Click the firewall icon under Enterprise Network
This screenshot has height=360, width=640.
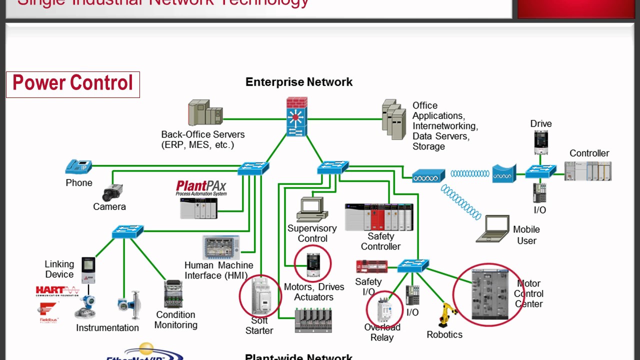(x=296, y=117)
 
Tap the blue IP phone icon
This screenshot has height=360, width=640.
(x=78, y=166)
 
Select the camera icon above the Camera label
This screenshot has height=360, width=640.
(x=112, y=192)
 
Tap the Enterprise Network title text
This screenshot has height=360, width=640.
(x=299, y=82)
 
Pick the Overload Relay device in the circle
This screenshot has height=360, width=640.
(x=384, y=309)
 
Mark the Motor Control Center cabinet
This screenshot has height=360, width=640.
(x=488, y=294)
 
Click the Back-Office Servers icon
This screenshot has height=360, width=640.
(x=205, y=113)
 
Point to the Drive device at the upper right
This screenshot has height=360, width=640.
(x=541, y=142)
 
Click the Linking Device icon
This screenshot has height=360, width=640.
(x=88, y=270)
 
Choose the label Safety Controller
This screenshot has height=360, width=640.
(x=380, y=241)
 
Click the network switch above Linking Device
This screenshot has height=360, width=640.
(x=127, y=231)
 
